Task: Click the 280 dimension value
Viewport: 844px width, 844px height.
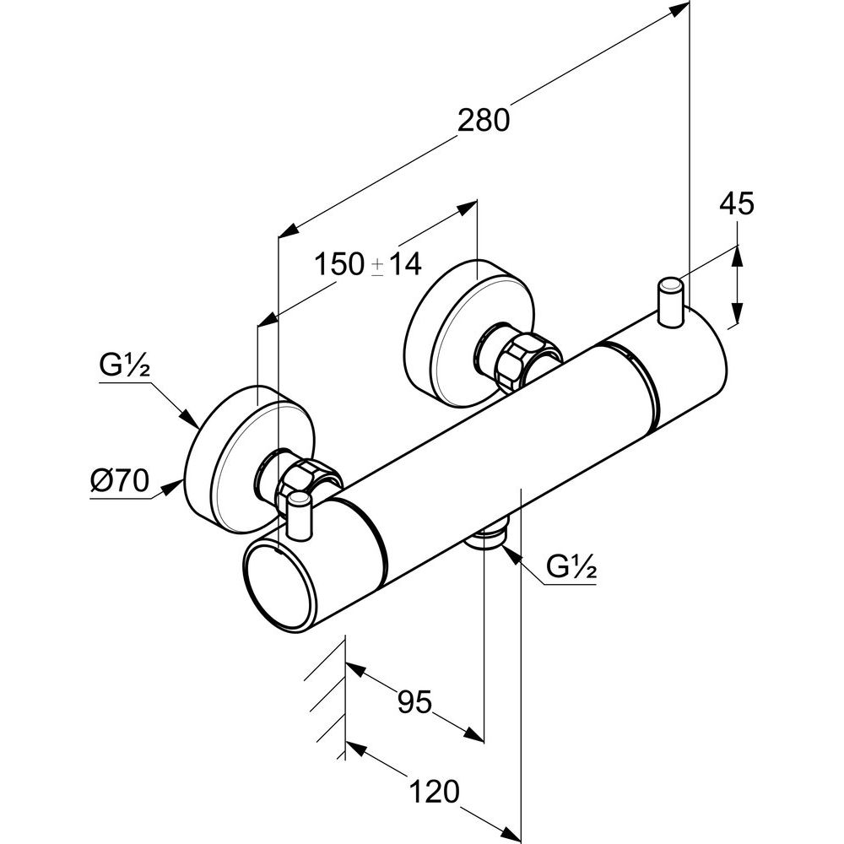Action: pyautogui.click(x=484, y=121)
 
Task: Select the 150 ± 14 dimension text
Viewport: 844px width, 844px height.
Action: pyautogui.click(x=367, y=265)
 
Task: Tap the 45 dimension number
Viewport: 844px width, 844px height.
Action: pyautogui.click(x=736, y=205)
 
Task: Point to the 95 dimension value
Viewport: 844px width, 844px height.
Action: pyautogui.click(x=414, y=701)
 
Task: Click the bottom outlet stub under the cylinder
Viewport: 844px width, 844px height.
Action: pyautogui.click(x=488, y=538)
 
